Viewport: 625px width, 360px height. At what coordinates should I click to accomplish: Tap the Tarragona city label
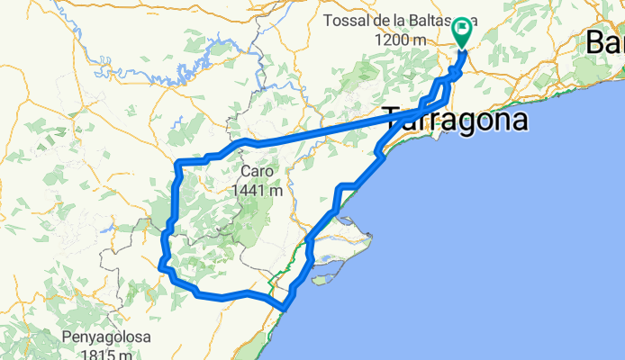coord(456,120)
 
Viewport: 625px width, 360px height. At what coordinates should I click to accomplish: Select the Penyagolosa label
coord(106,338)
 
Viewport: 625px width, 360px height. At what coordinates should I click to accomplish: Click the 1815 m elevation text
coord(106,355)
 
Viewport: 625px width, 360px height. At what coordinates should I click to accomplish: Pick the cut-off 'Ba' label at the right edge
coord(605,41)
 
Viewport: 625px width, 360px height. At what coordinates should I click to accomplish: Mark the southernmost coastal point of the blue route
coord(284,309)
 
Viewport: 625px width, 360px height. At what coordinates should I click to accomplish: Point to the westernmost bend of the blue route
coord(161,265)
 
